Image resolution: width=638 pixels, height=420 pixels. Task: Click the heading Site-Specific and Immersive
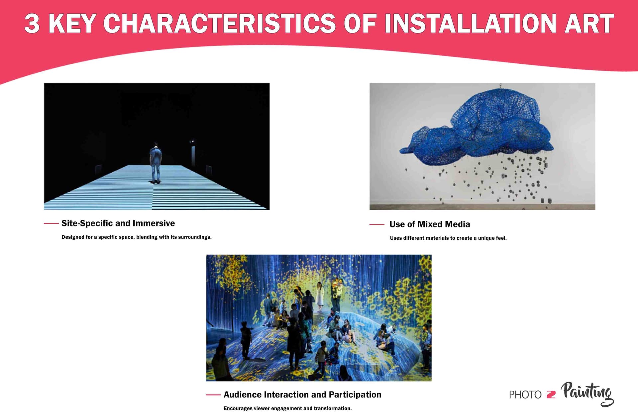click(118, 223)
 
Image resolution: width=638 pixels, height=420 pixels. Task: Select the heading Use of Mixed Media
click(429, 224)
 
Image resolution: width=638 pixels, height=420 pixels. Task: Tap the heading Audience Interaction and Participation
click(302, 394)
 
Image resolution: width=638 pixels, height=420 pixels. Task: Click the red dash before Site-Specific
click(51, 223)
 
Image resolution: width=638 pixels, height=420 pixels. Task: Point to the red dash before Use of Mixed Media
click(376, 224)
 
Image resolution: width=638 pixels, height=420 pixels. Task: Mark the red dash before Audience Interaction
click(213, 395)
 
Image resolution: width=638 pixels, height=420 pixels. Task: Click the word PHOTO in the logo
click(525, 395)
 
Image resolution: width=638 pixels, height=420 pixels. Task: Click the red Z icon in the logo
click(551, 395)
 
